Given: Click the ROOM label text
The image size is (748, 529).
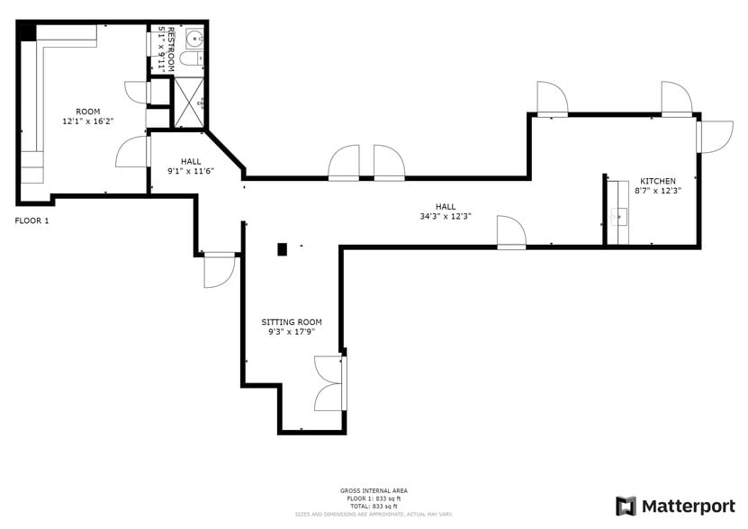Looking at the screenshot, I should [87, 112].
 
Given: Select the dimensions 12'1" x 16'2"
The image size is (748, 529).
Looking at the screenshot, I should [87, 121].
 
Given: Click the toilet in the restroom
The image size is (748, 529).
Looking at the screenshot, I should [190, 59].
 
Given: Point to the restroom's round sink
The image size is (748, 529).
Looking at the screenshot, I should [195, 39].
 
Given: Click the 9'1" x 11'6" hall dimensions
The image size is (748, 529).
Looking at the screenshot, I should [190, 171].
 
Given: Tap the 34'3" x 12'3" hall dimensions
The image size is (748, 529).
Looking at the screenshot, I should [445, 216].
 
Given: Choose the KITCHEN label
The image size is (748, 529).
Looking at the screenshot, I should [657, 181].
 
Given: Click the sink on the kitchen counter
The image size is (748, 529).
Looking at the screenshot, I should [617, 217].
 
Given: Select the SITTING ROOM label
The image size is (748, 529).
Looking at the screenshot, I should [291, 322].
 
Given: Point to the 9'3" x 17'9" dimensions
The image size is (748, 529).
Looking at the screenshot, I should [291, 332].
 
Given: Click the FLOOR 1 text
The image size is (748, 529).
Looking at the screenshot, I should [32, 220].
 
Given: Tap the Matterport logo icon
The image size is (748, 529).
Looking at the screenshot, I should [626, 506].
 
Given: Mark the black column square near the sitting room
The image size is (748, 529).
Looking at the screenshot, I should [282, 249].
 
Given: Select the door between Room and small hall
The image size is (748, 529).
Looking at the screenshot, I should [133, 151].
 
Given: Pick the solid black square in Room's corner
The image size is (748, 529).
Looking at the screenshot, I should [27, 31].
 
